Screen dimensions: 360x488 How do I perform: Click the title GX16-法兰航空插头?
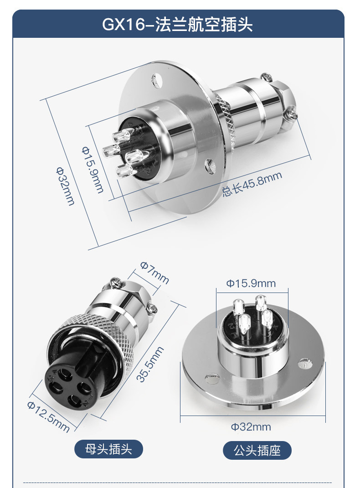click(x=177, y=24)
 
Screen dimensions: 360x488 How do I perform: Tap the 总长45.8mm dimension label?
click(x=252, y=184)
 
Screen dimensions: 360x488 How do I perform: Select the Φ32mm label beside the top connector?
click(x=65, y=186)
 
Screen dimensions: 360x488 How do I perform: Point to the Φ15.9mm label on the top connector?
click(x=93, y=170)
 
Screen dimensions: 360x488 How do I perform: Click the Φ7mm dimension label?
click(x=154, y=272)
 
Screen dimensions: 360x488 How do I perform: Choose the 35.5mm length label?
click(x=150, y=364)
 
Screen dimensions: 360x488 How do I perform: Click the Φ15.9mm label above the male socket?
click(x=251, y=283)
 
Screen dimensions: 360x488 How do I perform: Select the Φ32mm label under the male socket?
click(x=251, y=426)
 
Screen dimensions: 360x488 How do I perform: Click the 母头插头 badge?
click(x=108, y=449)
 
